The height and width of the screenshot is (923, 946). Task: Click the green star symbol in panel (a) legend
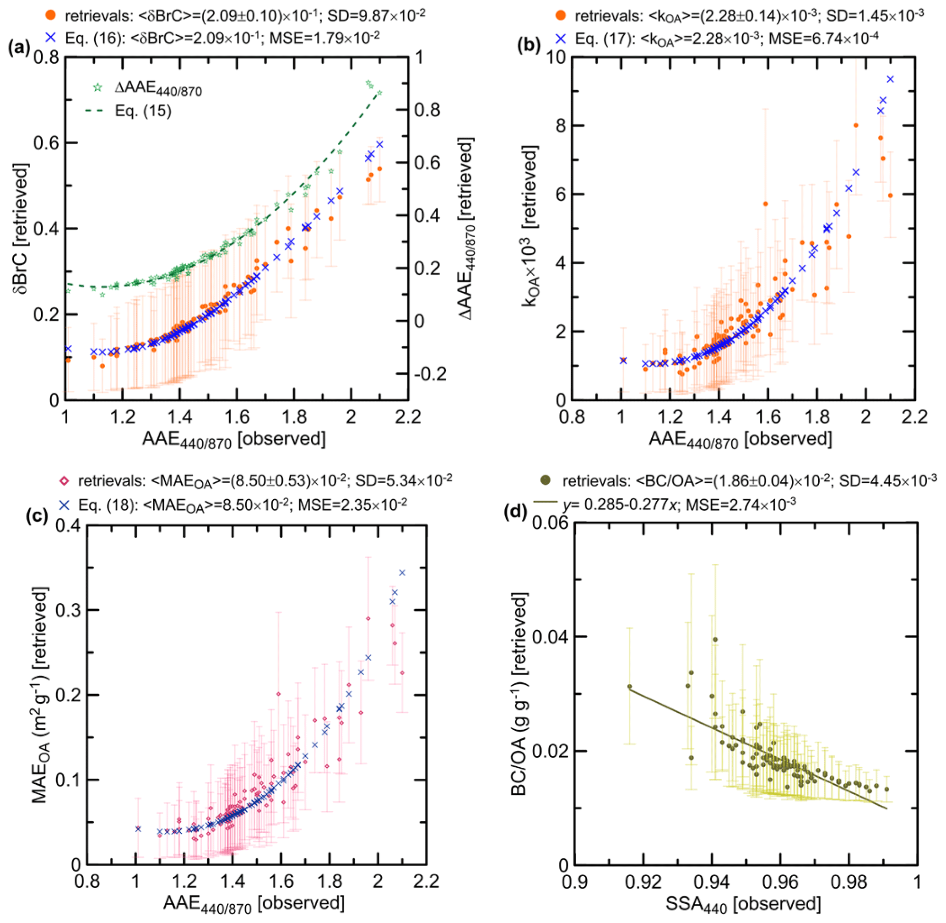click(98, 87)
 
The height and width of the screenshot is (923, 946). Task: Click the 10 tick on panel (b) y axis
click(555, 57)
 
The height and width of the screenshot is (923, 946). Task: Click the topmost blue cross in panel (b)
click(890, 79)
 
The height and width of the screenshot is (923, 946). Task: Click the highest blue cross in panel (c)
click(401, 573)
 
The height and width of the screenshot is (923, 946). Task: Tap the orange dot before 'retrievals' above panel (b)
click(561, 15)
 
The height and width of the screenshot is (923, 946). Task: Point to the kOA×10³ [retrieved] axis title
click(530, 227)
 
